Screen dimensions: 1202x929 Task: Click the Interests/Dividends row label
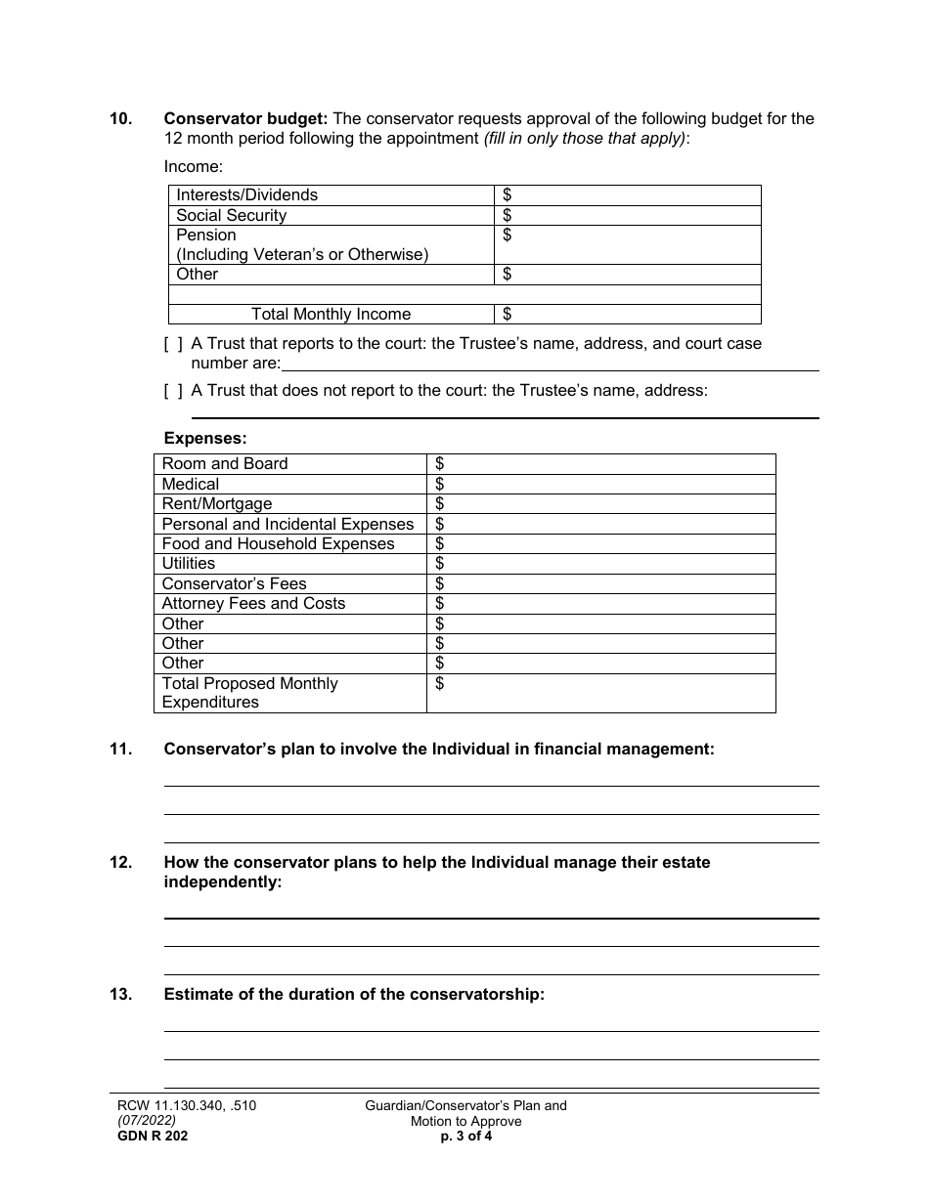coord(246,195)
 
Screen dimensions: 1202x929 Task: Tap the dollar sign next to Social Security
coord(508,215)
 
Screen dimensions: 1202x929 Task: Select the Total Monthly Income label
coord(331,315)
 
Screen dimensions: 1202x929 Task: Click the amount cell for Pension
coord(628,244)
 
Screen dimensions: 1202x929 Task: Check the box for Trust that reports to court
coord(173,344)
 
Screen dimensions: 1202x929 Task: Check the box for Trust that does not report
coord(173,391)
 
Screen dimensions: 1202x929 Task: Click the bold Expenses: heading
coord(205,439)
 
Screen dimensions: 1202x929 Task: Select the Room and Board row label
coord(225,464)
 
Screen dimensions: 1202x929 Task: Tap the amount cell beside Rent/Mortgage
coord(600,504)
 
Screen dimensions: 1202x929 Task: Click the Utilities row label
coord(188,564)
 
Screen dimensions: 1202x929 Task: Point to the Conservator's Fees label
coord(234,584)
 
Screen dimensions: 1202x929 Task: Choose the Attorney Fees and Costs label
coord(253,604)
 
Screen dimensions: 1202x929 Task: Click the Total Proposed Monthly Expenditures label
coord(249,693)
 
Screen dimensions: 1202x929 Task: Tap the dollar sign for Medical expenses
coord(440,485)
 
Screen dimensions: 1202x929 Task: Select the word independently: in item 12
coord(222,882)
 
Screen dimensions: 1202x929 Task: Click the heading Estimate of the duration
coord(353,996)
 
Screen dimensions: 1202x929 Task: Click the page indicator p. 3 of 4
coord(465,1137)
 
